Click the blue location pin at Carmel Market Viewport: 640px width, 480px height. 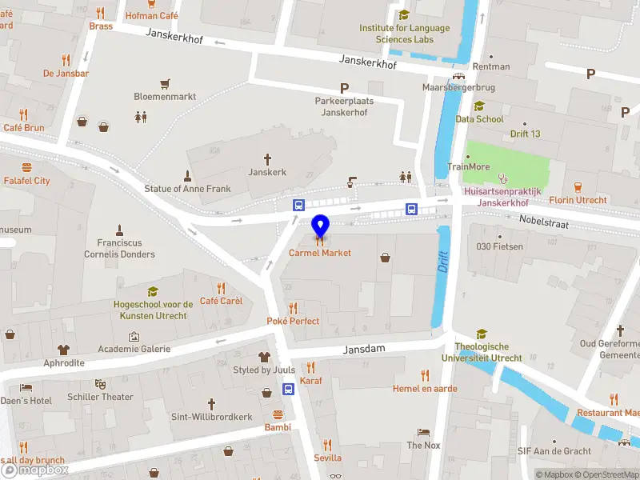pos(320,226)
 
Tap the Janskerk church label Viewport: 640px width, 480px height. pos(267,172)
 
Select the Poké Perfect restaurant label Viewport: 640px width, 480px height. pos(293,321)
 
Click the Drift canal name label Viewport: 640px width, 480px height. pos(444,262)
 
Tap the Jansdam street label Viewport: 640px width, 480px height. pos(366,350)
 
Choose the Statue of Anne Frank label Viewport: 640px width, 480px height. pos(187,189)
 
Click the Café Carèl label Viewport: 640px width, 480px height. pos(221,301)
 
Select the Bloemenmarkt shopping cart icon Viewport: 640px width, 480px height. pos(165,83)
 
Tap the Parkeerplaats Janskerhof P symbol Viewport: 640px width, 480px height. pos(345,88)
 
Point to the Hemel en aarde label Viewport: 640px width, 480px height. pos(424,388)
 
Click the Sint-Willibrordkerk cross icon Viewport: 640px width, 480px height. pos(211,404)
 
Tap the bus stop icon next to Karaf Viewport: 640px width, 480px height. pos(288,390)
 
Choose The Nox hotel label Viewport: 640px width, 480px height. pos(424,445)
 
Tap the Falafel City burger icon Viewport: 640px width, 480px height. pos(26,168)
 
